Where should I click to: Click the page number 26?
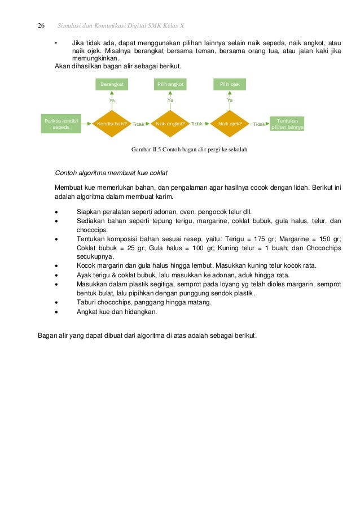click(x=41, y=26)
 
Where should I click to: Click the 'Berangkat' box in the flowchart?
click(x=112, y=84)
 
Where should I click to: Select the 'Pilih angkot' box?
click(x=170, y=84)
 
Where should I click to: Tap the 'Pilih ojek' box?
click(x=230, y=84)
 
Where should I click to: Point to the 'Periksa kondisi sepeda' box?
click(x=61, y=124)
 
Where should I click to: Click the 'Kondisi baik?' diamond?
click(x=112, y=124)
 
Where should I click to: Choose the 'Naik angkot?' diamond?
click(x=170, y=124)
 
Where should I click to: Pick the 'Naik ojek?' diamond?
click(x=230, y=124)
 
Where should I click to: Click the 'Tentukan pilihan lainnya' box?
click(x=287, y=124)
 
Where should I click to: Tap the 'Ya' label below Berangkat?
click(x=112, y=100)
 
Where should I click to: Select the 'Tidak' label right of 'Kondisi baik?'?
click(x=138, y=124)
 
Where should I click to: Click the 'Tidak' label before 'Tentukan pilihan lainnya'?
click(x=260, y=124)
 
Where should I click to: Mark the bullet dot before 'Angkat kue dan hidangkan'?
click(x=57, y=311)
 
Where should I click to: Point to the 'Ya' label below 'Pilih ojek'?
click(x=230, y=100)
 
